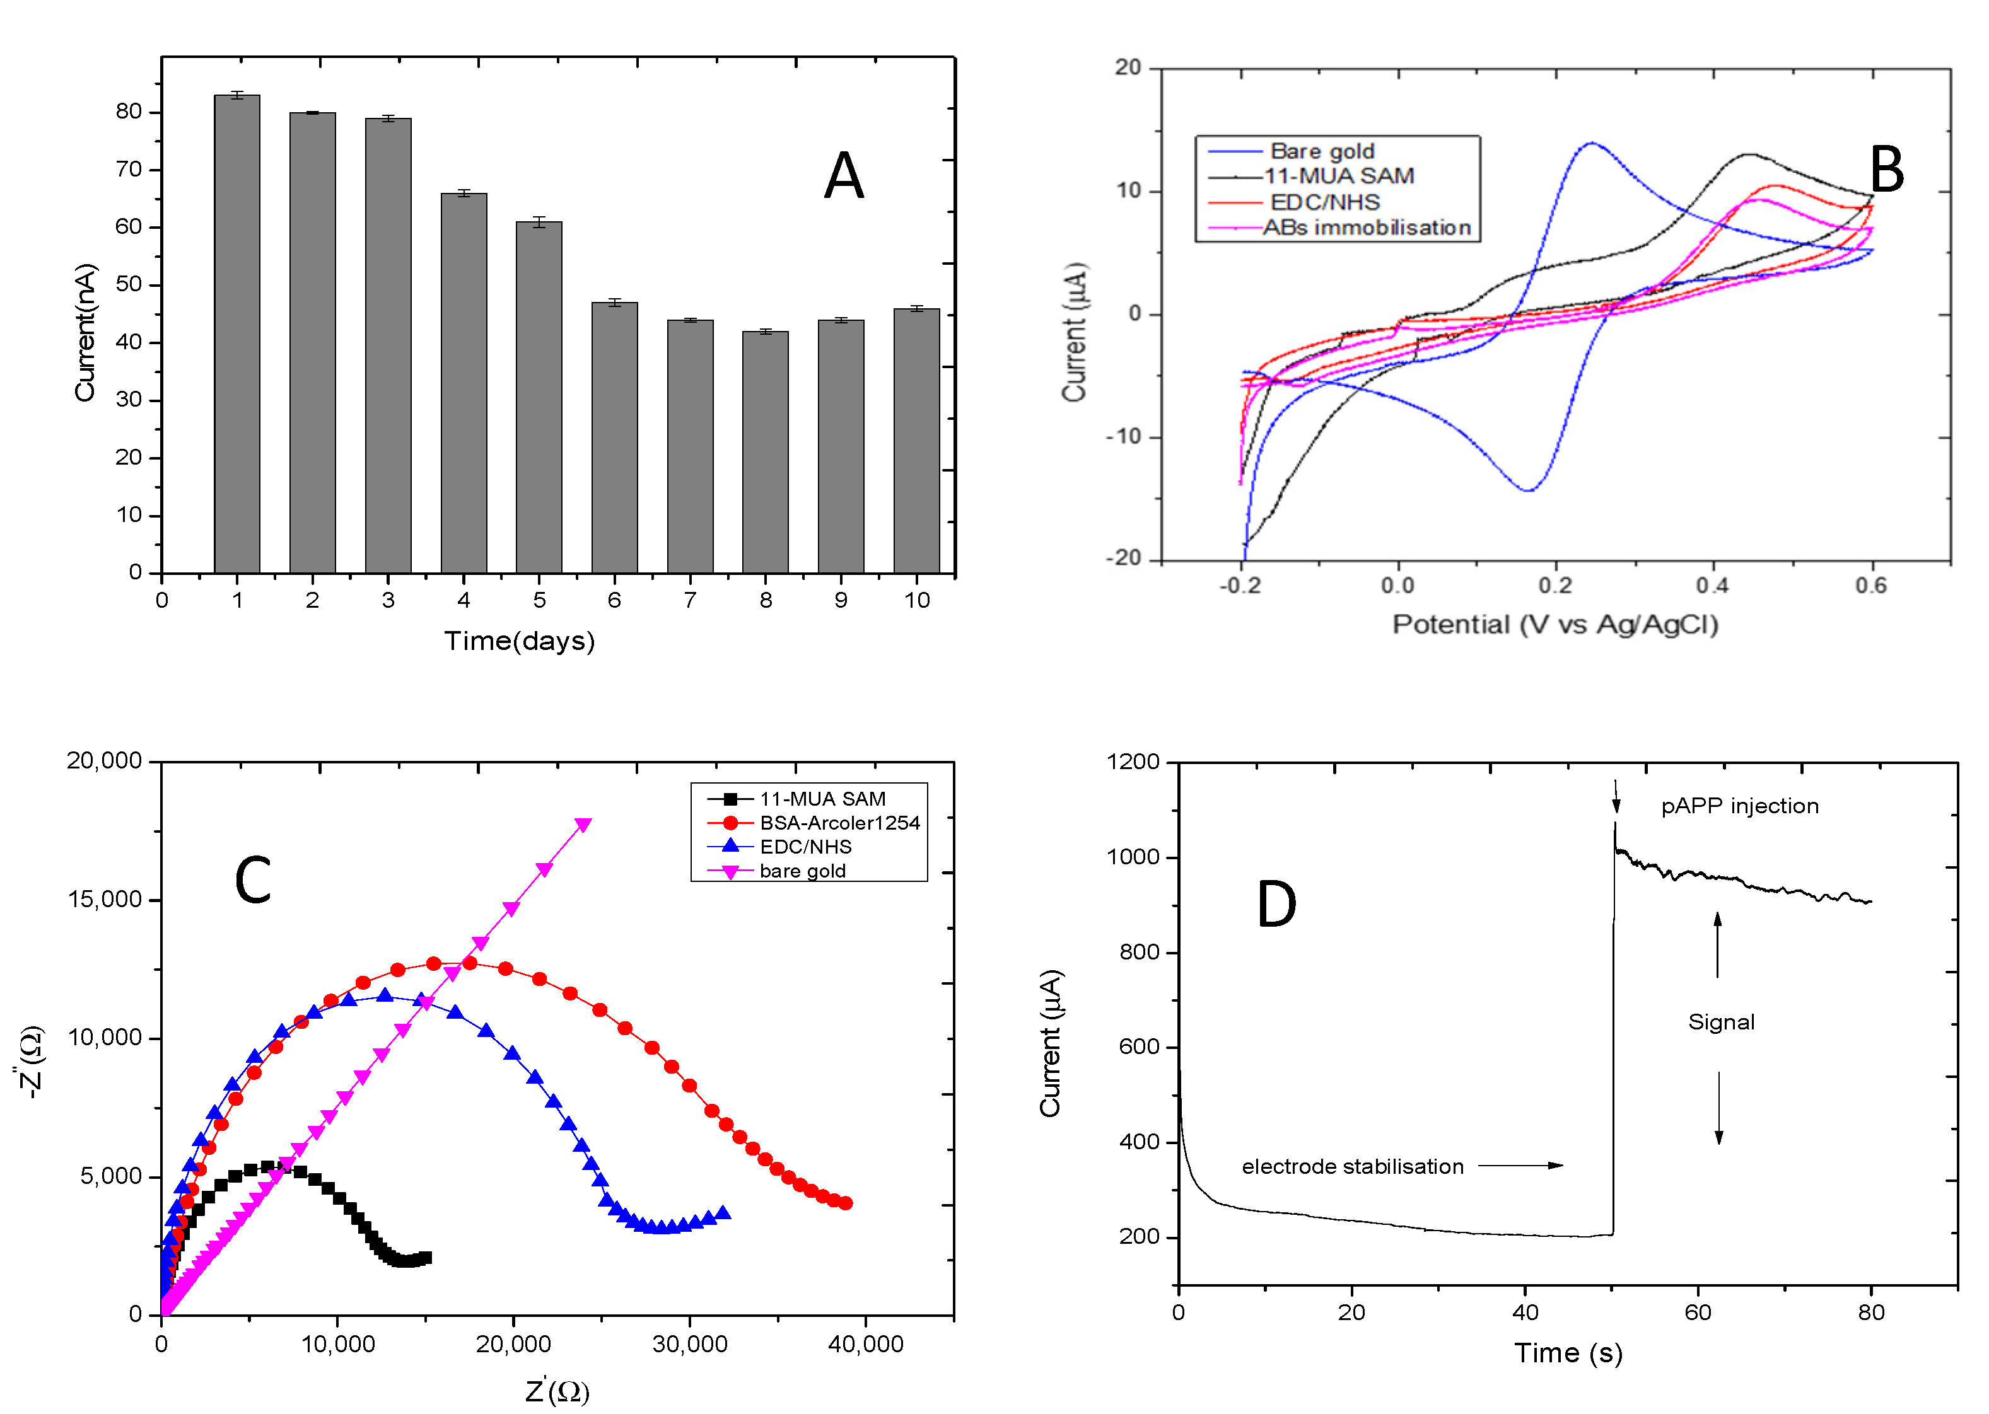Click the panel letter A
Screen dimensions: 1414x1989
click(843, 177)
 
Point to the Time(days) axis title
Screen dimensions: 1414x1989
click(519, 641)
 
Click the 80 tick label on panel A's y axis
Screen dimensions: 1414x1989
click(128, 112)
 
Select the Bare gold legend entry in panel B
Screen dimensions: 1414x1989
click(1321, 151)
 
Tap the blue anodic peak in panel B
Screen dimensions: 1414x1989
click(1591, 144)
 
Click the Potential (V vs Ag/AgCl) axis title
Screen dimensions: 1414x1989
click(1554, 624)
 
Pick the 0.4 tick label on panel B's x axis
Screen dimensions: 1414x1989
click(1712, 585)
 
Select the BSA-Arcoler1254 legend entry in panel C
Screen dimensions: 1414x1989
click(839, 823)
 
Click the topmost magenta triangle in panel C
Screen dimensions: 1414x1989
click(583, 824)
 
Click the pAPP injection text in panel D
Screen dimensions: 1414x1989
click(1739, 806)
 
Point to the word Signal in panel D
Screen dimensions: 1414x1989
click(1721, 1022)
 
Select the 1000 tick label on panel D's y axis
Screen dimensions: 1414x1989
click(1133, 857)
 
